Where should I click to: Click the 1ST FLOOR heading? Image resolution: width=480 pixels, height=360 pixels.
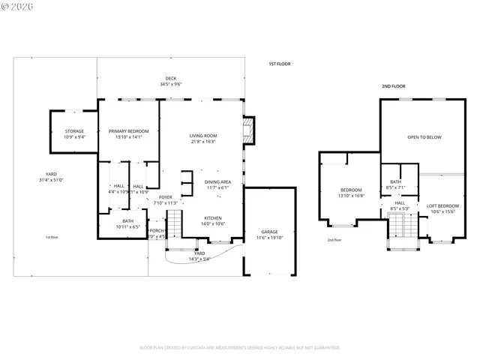(280, 64)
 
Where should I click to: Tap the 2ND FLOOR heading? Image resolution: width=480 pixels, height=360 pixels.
(393, 86)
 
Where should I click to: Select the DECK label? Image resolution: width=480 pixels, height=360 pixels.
(171, 79)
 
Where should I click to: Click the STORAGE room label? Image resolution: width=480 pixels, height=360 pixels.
(73, 131)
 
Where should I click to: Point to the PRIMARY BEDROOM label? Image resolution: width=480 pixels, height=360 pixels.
(128, 131)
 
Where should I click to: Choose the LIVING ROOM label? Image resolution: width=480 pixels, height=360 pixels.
(202, 136)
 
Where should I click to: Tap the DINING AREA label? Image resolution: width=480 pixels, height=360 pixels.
(217, 182)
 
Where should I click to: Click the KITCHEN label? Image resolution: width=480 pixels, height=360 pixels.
(213, 218)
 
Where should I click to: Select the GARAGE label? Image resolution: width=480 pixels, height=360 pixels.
(269, 232)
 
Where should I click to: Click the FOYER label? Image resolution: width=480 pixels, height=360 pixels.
(165, 197)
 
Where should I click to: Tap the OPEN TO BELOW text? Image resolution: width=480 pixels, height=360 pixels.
(424, 138)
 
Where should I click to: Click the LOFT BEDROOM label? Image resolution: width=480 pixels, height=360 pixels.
(442, 205)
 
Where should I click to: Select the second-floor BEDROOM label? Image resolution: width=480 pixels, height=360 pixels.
(351, 190)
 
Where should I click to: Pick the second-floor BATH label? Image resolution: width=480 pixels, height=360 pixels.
(394, 181)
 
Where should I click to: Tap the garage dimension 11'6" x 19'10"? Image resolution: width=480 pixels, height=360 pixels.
(269, 238)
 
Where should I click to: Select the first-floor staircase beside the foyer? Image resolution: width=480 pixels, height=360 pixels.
(174, 222)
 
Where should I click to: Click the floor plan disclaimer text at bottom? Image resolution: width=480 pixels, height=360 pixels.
(240, 347)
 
